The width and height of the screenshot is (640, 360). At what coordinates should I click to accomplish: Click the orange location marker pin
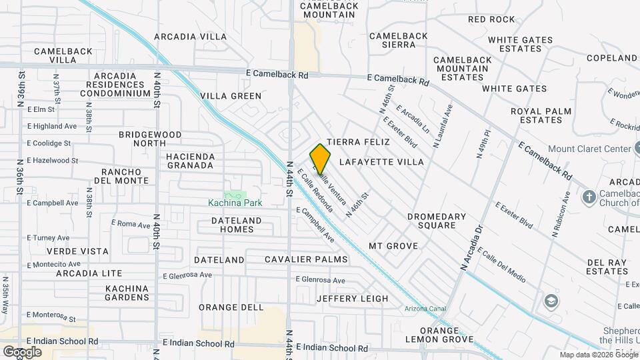click(x=321, y=159)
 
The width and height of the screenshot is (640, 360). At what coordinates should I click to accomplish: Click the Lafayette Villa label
click(x=381, y=162)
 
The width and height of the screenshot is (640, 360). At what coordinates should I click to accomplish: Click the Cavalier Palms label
click(x=306, y=259)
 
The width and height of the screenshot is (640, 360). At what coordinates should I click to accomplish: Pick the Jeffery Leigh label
click(x=352, y=299)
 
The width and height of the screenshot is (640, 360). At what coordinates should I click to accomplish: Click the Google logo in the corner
click(x=22, y=351)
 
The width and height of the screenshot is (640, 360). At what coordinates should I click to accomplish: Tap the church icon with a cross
click(x=589, y=197)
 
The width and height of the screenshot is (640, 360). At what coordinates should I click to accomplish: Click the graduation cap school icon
click(x=551, y=301)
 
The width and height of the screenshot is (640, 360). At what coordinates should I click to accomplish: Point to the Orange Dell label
click(x=231, y=307)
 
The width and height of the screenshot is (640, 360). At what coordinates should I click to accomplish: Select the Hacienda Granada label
click(x=190, y=161)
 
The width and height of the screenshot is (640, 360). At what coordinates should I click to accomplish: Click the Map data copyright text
click(x=598, y=355)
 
